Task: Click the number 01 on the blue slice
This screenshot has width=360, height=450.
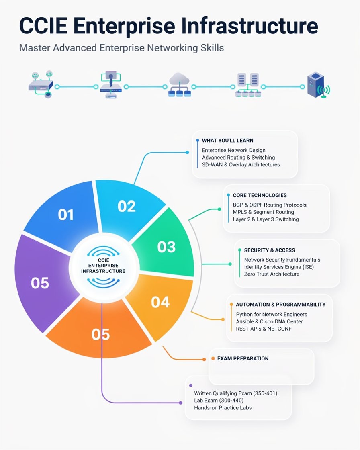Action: pos(66,215)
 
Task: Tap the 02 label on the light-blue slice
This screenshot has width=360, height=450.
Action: pos(126,206)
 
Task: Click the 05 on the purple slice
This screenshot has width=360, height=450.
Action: pos(40,283)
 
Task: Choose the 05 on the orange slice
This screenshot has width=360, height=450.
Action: pos(100,334)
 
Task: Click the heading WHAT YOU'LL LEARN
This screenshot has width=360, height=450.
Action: pos(228,140)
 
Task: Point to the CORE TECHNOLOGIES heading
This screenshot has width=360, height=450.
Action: pos(260,195)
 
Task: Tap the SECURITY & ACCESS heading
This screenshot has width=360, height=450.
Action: pos(270,250)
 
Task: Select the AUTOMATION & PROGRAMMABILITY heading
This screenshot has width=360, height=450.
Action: pos(281,304)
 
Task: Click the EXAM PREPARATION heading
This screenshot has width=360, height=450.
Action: pos(243,358)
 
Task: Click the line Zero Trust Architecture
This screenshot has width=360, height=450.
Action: pos(272,274)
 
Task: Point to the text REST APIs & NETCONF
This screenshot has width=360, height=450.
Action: pos(264,329)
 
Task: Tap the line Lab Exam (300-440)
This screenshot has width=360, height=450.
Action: pos(219,400)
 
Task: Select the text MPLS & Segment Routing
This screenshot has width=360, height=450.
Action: pos(264,212)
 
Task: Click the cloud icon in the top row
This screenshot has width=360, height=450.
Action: pos(180,85)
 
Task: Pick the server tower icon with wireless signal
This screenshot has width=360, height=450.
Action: pos(318,85)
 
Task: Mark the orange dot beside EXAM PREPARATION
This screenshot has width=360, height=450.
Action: pos(213,358)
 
